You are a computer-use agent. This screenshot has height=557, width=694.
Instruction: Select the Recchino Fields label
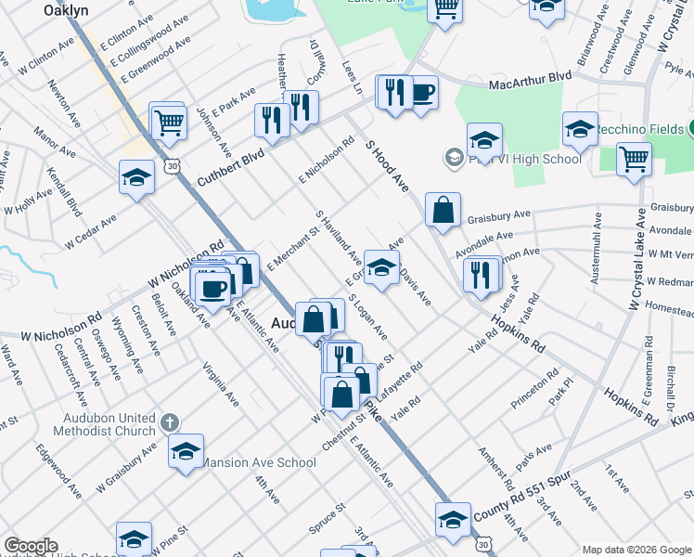point(639,129)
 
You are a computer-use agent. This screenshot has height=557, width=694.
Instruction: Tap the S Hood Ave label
point(387,166)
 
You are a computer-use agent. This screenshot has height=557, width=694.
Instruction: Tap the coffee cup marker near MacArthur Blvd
point(423,93)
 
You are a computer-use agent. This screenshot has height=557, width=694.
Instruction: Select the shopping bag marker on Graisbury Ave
point(443,210)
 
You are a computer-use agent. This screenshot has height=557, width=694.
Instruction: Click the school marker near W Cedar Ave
point(136,177)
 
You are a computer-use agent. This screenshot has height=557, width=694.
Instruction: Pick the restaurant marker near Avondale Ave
point(481,275)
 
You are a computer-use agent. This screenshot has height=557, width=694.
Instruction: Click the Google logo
point(31,546)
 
